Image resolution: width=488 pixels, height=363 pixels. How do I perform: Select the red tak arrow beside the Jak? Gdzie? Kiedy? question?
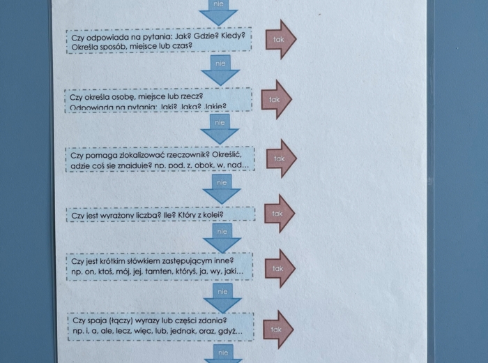(280, 40)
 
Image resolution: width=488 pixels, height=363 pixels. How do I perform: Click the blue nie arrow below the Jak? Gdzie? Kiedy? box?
(220, 69)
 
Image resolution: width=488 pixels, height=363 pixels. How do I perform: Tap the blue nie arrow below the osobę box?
(221, 128)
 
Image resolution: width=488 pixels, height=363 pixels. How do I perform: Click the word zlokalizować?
(137, 154)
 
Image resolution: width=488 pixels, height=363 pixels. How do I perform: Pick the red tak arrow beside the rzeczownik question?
(280, 158)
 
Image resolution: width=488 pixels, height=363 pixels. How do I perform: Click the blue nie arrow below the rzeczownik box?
(222, 188)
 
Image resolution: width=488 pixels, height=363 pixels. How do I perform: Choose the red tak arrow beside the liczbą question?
(278, 214)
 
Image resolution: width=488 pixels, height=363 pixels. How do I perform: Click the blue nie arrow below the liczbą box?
(222, 236)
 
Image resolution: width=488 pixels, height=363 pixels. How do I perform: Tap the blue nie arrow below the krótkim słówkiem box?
(222, 296)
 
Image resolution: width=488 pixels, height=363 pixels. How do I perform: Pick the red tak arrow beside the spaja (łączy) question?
(278, 329)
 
